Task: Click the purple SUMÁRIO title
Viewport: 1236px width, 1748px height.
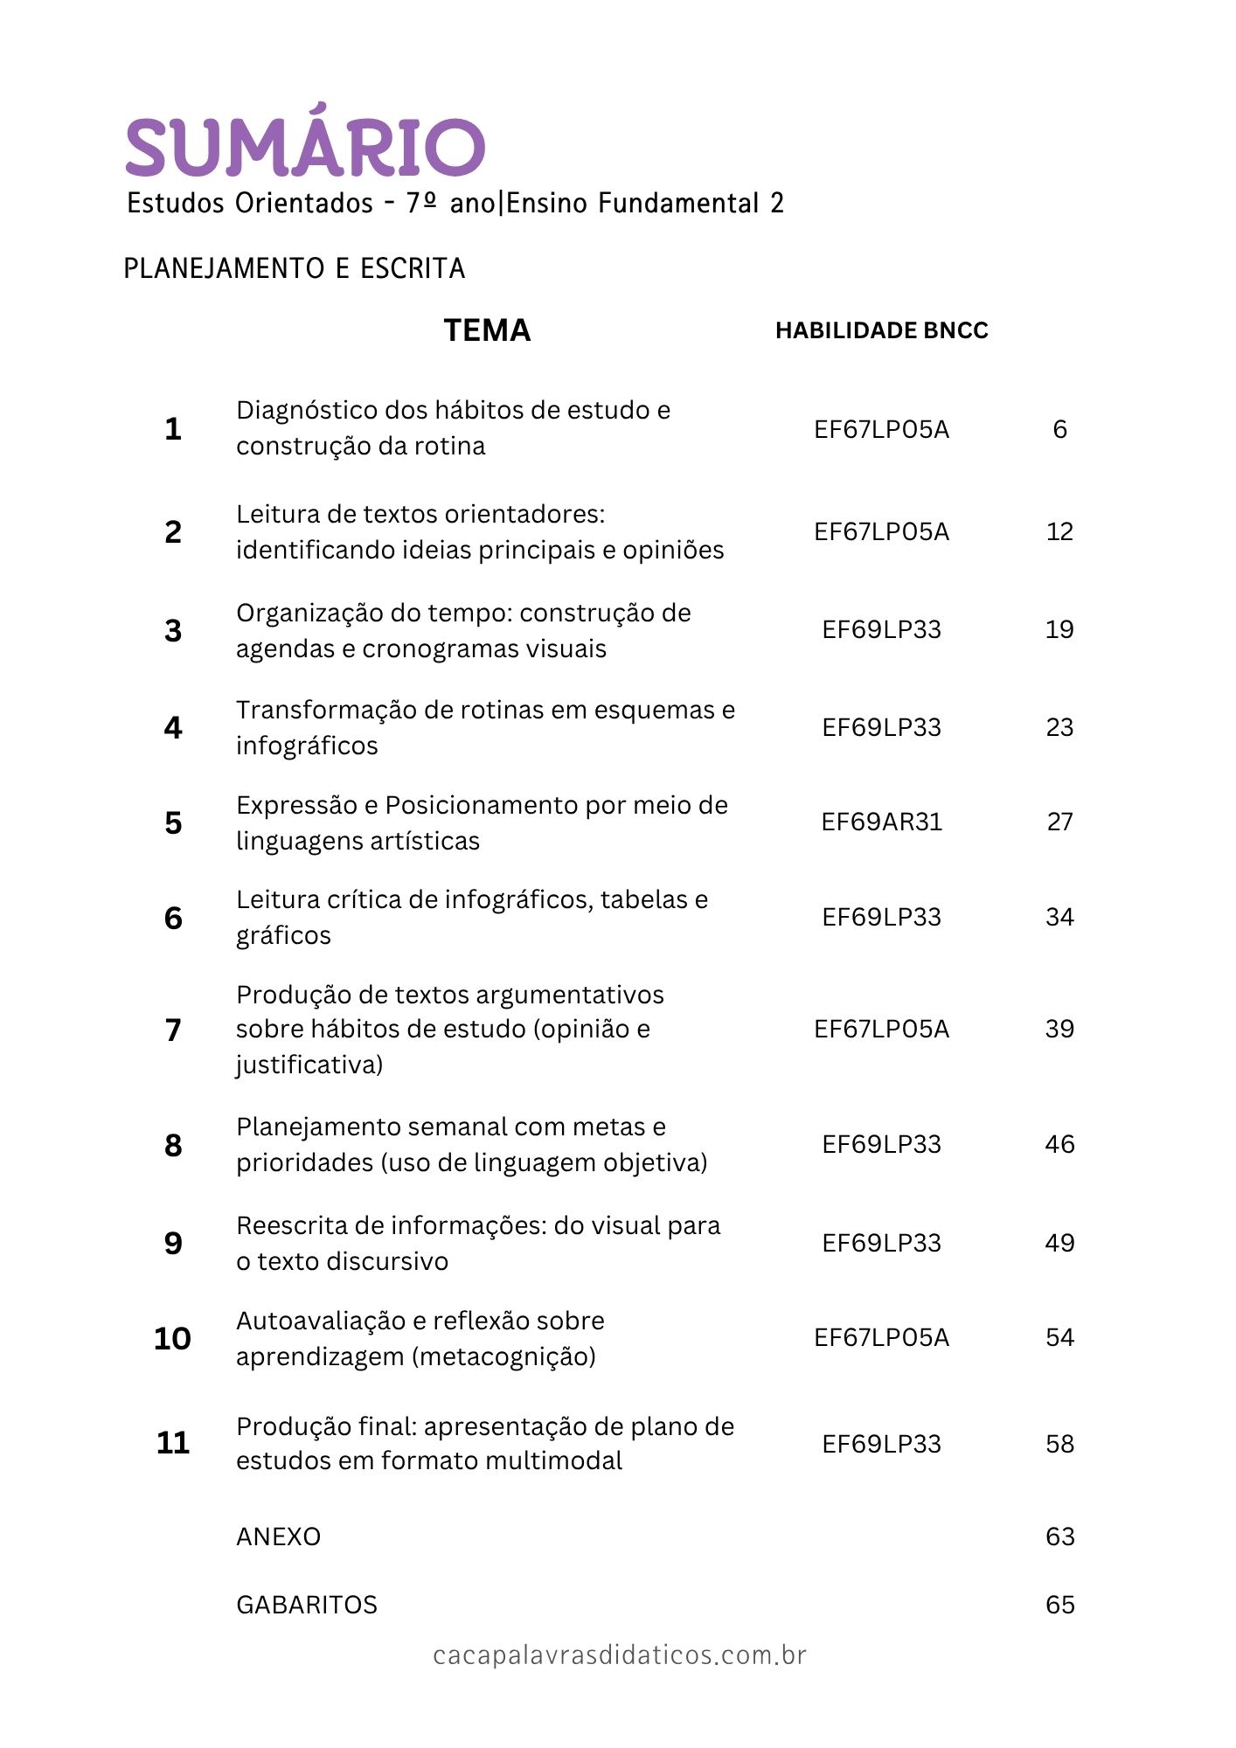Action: coord(305,144)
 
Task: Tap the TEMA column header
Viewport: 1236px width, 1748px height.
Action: coord(487,330)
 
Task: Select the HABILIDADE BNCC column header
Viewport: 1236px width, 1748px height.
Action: coord(881,330)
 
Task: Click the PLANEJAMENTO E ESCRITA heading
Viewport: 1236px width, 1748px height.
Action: coord(294,268)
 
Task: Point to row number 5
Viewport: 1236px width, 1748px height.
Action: coord(173,822)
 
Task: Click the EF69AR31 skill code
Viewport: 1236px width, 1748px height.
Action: coord(881,822)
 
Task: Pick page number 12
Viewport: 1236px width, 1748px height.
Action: coord(1059,531)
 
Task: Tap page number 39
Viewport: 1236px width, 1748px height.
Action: coord(1059,1029)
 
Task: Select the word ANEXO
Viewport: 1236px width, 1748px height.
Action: coord(278,1536)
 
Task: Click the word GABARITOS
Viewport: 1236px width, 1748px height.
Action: coord(307,1605)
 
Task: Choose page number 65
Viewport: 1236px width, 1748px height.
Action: coord(1059,1605)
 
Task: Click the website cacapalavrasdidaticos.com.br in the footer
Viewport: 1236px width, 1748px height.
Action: coord(619,1655)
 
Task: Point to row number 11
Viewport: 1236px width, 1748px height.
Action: coord(173,1442)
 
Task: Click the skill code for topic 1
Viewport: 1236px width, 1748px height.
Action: coord(881,429)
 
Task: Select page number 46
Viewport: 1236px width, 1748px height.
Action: coord(1059,1144)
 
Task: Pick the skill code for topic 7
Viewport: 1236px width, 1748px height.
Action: coord(881,1029)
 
